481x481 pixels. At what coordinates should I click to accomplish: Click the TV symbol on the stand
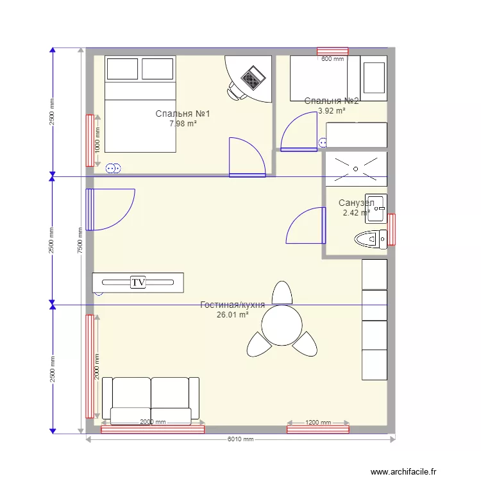(137, 282)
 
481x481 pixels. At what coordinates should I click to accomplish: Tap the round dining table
(282, 325)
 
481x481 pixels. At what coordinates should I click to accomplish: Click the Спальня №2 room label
(332, 101)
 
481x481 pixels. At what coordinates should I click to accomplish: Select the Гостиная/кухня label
(232, 305)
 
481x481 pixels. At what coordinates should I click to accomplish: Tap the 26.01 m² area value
(232, 315)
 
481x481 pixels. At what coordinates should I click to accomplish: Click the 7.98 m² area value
(183, 124)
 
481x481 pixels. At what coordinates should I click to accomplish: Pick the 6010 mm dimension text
(240, 439)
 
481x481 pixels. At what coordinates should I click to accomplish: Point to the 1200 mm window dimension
(317, 423)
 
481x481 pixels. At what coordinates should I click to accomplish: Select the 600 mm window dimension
(332, 59)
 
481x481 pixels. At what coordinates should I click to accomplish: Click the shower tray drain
(356, 169)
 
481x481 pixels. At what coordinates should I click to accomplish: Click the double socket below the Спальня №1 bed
(112, 169)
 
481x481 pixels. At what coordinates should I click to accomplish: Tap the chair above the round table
(282, 292)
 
